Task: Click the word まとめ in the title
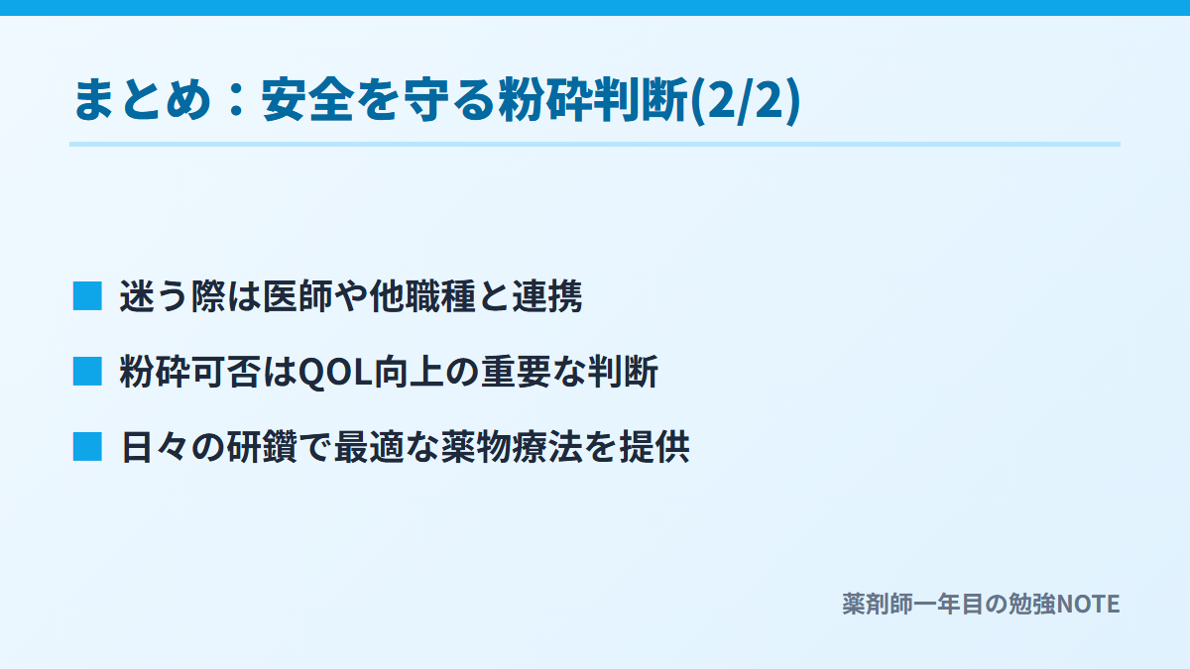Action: [x=144, y=100]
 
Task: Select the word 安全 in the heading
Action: [x=308, y=100]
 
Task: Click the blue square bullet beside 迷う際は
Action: [x=87, y=295]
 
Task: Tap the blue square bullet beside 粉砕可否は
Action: [x=87, y=371]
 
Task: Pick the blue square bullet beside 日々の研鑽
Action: [x=87, y=447]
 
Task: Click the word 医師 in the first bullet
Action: [x=297, y=295]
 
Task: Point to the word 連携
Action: [x=547, y=295]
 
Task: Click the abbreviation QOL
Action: [x=336, y=372]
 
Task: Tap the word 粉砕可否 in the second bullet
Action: [x=189, y=371]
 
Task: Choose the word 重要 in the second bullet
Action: [x=516, y=371]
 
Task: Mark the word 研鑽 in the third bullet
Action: [x=263, y=447]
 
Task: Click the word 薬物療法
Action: [x=512, y=447]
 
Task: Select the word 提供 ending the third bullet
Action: [x=654, y=447]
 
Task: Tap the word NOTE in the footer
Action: [x=1088, y=605]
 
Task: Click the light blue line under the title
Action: [x=595, y=145]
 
